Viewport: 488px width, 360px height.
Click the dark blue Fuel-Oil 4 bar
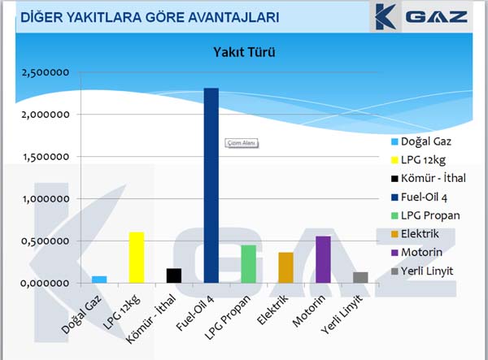pyautogui.click(x=211, y=185)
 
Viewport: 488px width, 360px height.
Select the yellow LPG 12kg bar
pyautogui.click(x=137, y=258)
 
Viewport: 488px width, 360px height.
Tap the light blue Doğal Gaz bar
pyautogui.click(x=99, y=280)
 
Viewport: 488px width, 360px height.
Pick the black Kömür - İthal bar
pyautogui.click(x=174, y=275)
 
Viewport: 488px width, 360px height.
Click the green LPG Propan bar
pyautogui.click(x=249, y=264)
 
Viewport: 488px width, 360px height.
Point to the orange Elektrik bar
pyautogui.click(x=286, y=267)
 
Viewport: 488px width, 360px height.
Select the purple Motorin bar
pyautogui.click(x=324, y=259)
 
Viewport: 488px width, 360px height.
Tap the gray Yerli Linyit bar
pyautogui.click(x=360, y=278)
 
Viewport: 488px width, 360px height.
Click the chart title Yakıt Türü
pyautogui.click(x=244, y=52)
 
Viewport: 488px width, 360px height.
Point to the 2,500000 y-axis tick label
pyautogui.click(x=46, y=72)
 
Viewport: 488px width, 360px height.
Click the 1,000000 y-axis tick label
pyautogui.click(x=46, y=198)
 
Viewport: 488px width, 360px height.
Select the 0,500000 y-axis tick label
pyautogui.click(x=46, y=241)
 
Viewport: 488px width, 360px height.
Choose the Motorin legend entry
pyautogui.click(x=416, y=252)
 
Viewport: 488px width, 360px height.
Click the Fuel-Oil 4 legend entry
pyautogui.click(x=419, y=197)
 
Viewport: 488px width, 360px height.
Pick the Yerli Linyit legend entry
pyautogui.click(x=422, y=271)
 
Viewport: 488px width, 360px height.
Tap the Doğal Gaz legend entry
pyautogui.click(x=421, y=141)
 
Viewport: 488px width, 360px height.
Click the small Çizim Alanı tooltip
pyautogui.click(x=242, y=143)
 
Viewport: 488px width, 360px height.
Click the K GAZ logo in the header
pyautogui.click(x=421, y=17)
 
